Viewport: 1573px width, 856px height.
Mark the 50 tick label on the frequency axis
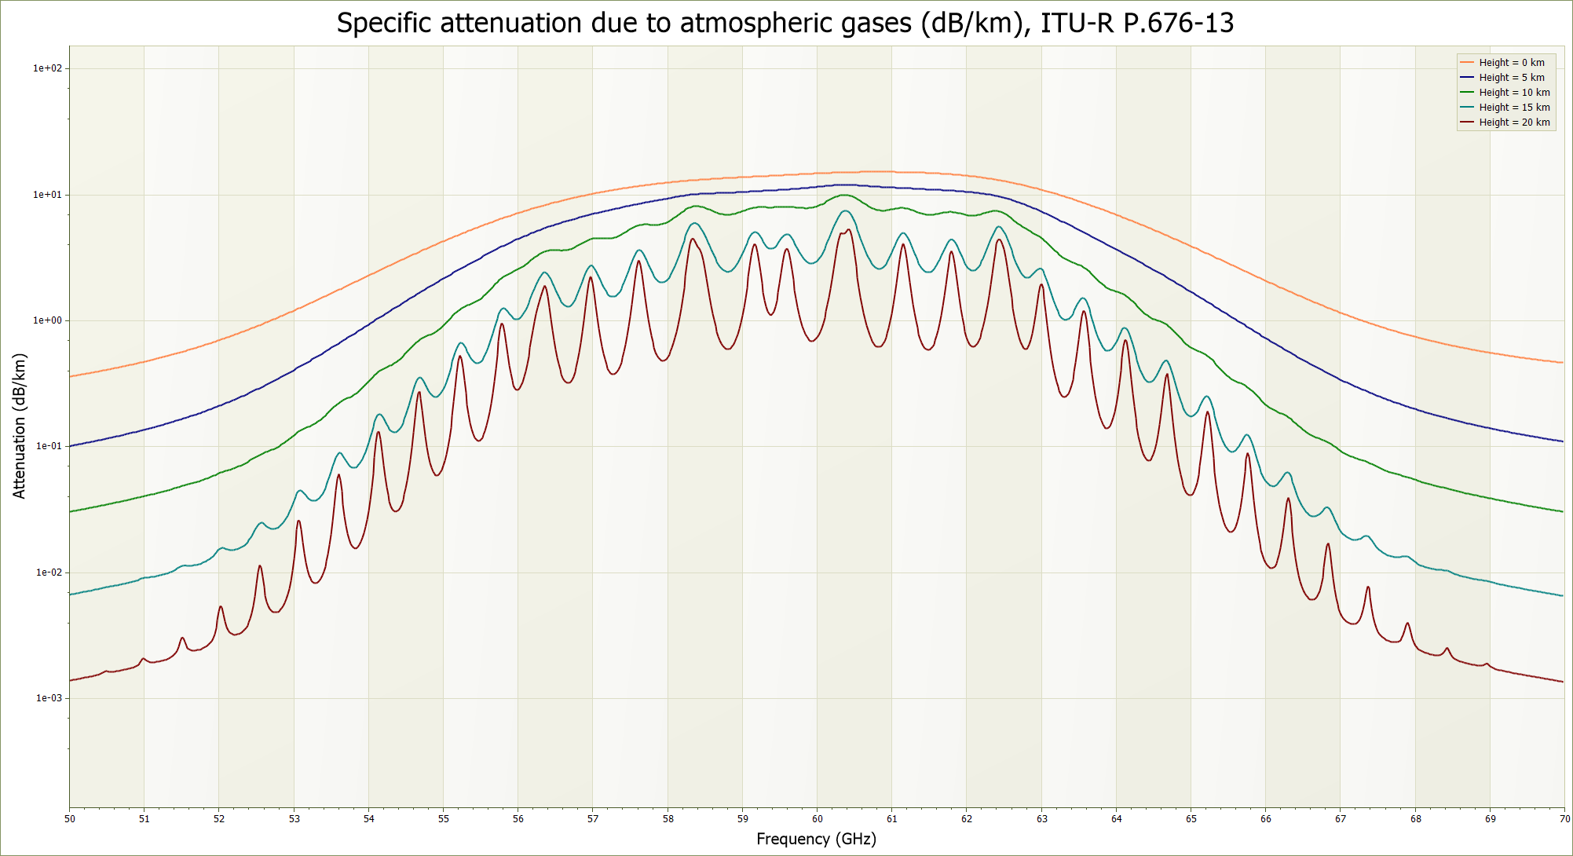(70, 819)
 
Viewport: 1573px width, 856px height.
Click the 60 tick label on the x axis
(817, 819)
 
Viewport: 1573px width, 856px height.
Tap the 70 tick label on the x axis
(1564, 819)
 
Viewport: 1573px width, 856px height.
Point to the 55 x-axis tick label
(444, 819)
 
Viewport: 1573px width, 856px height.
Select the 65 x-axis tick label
(1191, 819)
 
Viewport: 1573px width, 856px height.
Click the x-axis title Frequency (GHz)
(816, 839)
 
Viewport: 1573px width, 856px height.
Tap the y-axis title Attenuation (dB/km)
(20, 426)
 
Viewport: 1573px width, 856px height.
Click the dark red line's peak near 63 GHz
(1041, 285)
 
